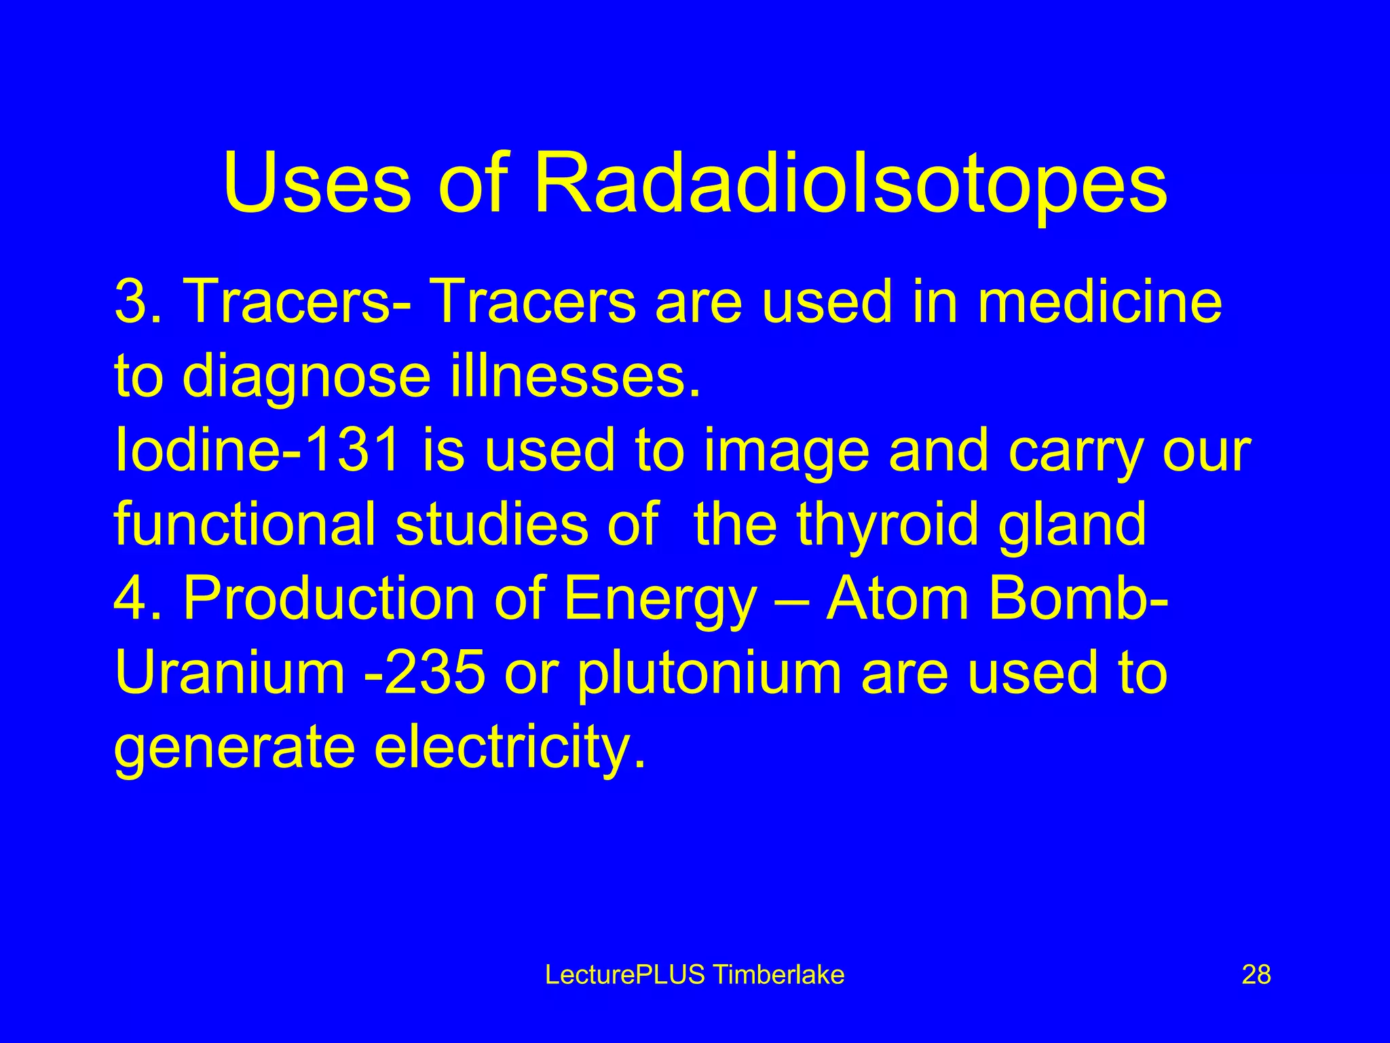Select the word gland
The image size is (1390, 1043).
1072,527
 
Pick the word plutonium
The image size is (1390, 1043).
709,675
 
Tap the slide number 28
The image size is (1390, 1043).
1256,975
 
